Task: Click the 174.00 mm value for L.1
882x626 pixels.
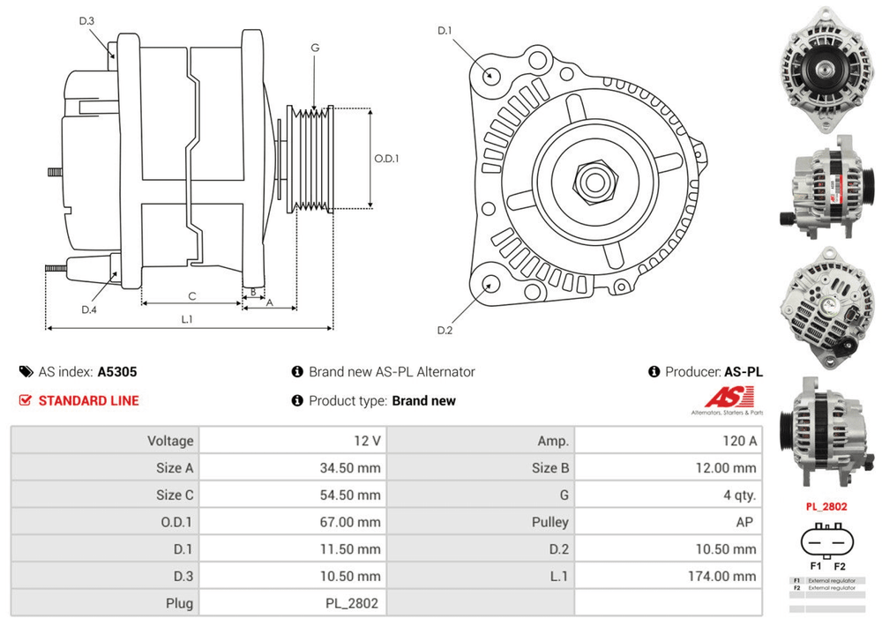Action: pyautogui.click(x=721, y=576)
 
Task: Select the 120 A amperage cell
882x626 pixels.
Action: pyautogui.click(x=738, y=441)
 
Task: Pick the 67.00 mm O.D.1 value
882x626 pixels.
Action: pyautogui.click(x=350, y=522)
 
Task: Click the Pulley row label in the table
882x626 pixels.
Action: pyautogui.click(x=551, y=522)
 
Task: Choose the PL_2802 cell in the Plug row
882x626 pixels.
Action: pyautogui.click(x=350, y=603)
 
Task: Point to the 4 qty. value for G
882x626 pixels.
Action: pyautogui.click(x=736, y=495)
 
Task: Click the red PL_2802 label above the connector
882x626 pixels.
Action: pyautogui.click(x=826, y=507)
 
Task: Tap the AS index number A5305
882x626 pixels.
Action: pyautogui.click(x=117, y=372)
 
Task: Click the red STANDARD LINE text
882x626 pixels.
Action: pyautogui.click(x=88, y=400)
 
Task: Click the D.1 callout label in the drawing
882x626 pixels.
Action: pyautogui.click(x=445, y=32)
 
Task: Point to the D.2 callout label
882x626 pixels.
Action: pyautogui.click(x=445, y=331)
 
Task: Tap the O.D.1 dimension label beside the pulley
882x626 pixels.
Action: pyautogui.click(x=386, y=160)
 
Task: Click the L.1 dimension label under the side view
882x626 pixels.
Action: pyautogui.click(x=187, y=319)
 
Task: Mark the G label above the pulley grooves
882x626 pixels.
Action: pyautogui.click(x=315, y=48)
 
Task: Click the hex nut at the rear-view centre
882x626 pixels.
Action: pyautogui.click(x=592, y=183)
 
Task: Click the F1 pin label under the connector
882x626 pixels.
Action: pyautogui.click(x=814, y=566)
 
